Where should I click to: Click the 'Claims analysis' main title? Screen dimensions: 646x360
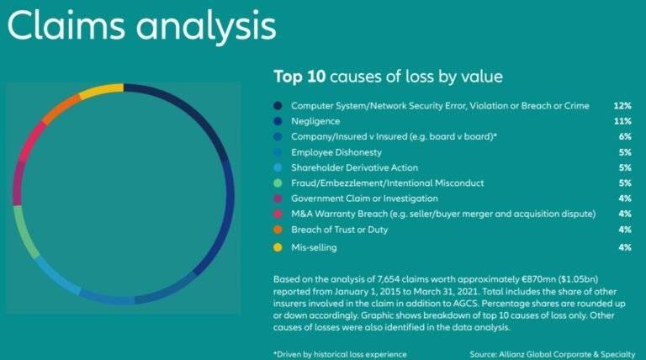[141, 26]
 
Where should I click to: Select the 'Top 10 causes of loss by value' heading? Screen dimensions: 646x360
[388, 77]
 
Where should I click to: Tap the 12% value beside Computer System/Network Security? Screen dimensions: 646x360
[622, 106]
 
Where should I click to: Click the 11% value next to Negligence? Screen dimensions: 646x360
[622, 121]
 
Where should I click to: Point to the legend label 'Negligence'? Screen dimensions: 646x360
[315, 121]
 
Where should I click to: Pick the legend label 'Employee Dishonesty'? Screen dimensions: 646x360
[336, 152]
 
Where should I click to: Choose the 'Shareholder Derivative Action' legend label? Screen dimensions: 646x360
[354, 167]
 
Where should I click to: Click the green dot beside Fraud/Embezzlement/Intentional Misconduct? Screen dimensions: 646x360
[278, 183]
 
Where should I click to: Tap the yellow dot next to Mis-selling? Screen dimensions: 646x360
[278, 247]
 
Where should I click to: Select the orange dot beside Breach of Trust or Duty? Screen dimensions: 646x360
[278, 230]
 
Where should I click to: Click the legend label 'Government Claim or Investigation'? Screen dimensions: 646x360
[364, 199]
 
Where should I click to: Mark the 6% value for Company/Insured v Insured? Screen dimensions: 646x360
[625, 137]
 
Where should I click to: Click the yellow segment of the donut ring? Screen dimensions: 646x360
[101, 90]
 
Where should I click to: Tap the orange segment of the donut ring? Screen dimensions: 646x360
[61, 109]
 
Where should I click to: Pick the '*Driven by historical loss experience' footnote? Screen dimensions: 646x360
[340, 354]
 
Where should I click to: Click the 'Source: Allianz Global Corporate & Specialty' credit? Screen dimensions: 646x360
[552, 354]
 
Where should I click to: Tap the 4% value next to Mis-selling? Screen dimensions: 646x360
[625, 247]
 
